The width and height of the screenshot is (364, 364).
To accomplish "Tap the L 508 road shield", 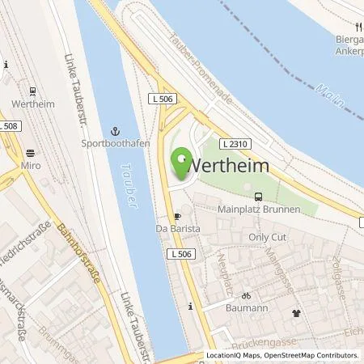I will (9, 125).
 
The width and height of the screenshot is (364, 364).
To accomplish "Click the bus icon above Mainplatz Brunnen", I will (258, 197).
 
